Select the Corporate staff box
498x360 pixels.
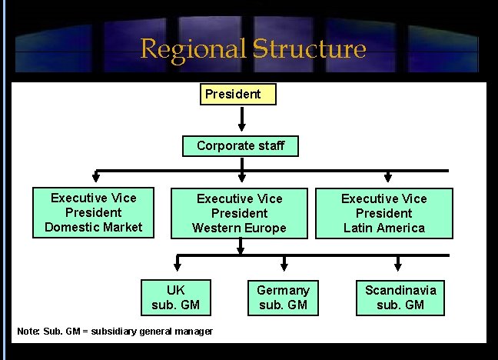tap(240, 145)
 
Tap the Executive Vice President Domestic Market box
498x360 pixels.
tap(93, 212)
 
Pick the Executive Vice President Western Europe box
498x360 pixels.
tap(239, 213)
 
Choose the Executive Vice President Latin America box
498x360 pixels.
tap(383, 213)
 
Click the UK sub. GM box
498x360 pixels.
tap(176, 298)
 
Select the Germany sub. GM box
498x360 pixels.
tap(283, 298)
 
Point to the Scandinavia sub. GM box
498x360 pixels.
tap(400, 298)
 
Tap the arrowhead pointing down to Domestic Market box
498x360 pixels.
tap(96, 178)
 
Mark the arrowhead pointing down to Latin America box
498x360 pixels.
tap(387, 178)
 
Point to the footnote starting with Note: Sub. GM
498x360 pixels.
tap(115, 331)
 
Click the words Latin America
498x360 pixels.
tap(383, 228)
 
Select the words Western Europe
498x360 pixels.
tap(239, 228)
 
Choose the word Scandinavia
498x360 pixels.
tap(400, 290)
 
